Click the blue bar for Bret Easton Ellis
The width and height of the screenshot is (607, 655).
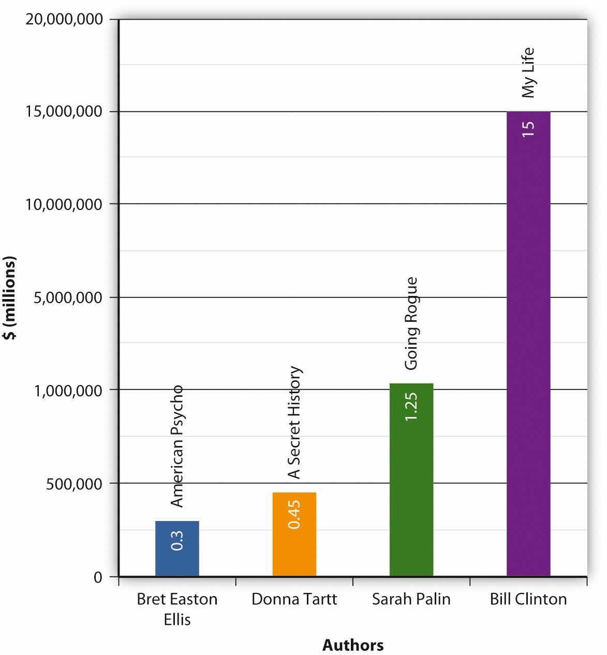point(177,548)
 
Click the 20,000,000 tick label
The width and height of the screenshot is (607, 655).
point(64,20)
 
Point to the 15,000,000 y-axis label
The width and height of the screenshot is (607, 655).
point(64,112)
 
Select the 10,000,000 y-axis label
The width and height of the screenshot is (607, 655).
point(64,204)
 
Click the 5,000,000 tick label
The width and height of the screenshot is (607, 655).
point(68,297)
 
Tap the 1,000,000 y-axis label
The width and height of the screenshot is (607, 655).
point(68,390)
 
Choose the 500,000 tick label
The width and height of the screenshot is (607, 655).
point(74,483)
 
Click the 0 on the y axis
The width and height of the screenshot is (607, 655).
point(98,577)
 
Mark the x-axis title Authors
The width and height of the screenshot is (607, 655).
point(353,645)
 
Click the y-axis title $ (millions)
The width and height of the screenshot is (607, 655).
point(9,297)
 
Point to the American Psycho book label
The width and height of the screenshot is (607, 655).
point(177,446)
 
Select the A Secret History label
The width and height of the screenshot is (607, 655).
point(294,423)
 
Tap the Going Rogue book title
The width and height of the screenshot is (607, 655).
point(411,324)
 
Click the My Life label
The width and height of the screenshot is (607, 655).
point(528,73)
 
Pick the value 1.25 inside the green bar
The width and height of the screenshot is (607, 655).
point(411,407)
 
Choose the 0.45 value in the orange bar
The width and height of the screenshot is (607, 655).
point(294,514)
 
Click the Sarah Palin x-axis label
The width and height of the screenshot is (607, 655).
point(411,599)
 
